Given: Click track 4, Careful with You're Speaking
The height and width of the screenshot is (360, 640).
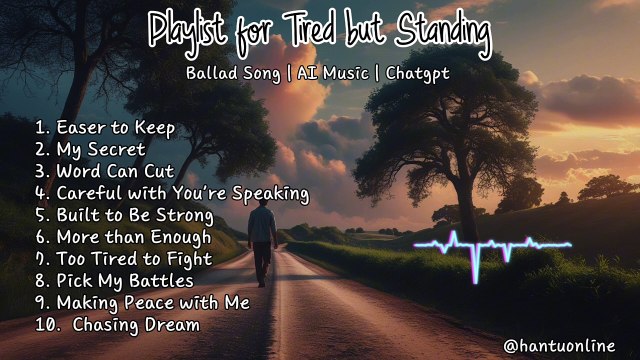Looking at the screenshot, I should tap(171, 193).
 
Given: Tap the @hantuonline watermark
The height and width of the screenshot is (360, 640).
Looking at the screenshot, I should tap(565, 345).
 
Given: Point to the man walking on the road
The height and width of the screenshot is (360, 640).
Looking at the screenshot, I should tap(261, 229).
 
